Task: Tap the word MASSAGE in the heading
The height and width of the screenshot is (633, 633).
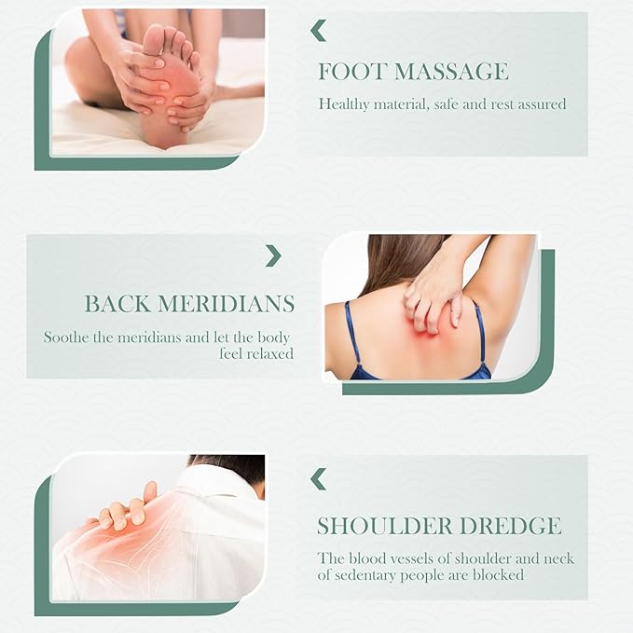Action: click(451, 72)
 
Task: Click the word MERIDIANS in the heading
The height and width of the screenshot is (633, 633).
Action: click(226, 304)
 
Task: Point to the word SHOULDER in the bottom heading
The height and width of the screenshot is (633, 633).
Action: click(383, 526)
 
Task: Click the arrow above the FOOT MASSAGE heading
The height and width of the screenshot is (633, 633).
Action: click(319, 31)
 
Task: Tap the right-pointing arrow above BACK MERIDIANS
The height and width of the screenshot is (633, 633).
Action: click(273, 255)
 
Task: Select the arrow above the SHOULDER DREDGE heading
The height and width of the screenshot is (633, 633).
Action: click(319, 479)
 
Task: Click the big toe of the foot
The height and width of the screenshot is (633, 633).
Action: click(154, 38)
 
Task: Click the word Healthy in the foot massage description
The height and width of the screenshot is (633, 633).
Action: click(344, 104)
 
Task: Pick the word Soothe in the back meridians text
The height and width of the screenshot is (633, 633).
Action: click(66, 337)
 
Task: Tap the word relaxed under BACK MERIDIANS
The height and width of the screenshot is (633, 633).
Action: click(269, 353)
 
